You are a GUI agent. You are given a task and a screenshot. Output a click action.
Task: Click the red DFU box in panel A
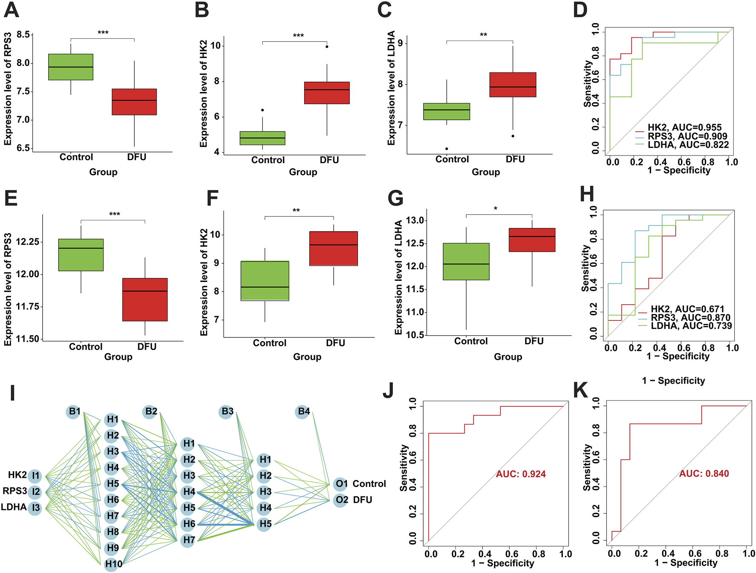click(134, 102)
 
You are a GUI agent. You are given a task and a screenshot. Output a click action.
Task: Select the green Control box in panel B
click(262, 138)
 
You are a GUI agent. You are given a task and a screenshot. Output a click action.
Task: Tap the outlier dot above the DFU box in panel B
click(327, 46)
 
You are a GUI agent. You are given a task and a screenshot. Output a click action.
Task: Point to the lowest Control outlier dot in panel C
click(447, 149)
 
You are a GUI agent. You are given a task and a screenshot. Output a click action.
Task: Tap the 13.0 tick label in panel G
click(415, 221)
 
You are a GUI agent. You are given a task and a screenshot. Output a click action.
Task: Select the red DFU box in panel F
click(334, 248)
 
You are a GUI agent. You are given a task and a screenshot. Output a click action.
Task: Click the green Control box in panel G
click(466, 262)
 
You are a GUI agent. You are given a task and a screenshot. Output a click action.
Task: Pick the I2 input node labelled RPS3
click(35, 492)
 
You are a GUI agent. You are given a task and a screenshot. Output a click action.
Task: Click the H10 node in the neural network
click(113, 564)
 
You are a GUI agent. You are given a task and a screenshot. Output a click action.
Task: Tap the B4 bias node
click(303, 412)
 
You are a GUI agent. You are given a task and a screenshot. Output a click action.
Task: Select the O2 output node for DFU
click(341, 500)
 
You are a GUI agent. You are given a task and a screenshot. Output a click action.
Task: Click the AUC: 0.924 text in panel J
click(520, 474)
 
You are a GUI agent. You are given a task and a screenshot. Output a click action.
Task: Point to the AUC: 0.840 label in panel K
click(704, 474)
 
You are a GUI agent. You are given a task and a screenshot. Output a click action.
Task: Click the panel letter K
click(581, 390)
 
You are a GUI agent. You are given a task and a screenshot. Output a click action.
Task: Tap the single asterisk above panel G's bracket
click(495, 209)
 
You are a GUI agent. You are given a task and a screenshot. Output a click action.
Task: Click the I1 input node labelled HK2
click(35, 475)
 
